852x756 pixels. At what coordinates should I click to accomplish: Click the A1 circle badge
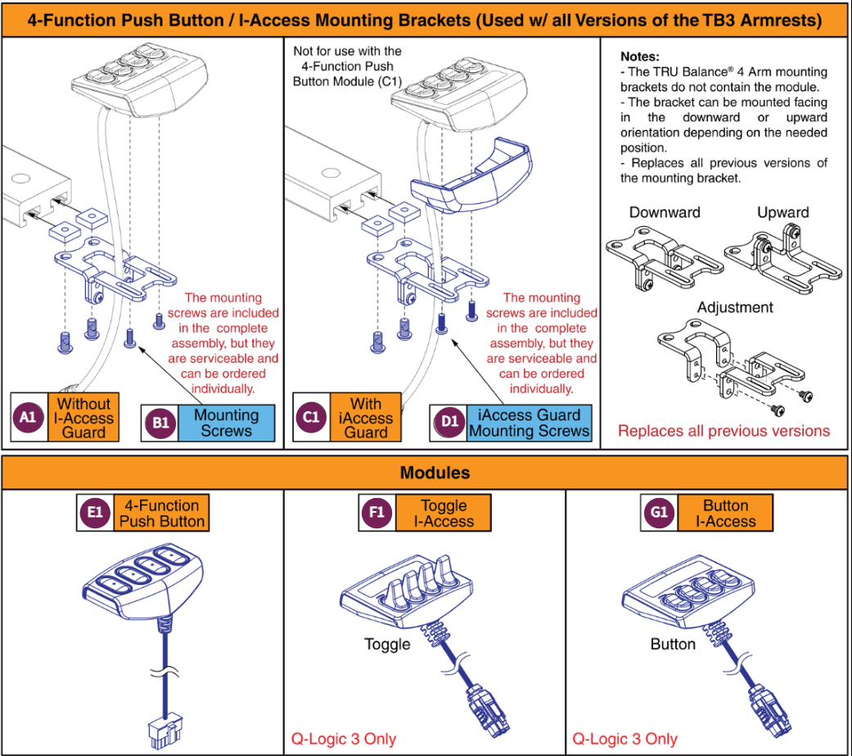coord(29,417)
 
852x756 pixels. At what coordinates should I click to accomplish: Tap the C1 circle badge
coord(312,417)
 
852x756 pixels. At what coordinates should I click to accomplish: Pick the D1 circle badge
coord(449,423)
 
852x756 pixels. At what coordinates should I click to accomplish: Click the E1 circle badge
coord(94,513)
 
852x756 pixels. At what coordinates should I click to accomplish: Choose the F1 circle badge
coord(376,513)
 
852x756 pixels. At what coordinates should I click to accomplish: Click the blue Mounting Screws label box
coord(226,423)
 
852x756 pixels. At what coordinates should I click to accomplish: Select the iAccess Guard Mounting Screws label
coord(529,423)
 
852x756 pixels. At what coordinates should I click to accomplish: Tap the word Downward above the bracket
coord(665,213)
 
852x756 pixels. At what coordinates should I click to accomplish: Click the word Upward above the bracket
coord(782,213)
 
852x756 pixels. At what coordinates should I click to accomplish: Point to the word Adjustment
coord(735,308)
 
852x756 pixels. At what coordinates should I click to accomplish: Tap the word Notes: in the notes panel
coord(639,57)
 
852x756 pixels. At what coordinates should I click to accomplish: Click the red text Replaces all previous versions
coord(723,431)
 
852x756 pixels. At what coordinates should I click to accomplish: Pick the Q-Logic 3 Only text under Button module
coord(624,739)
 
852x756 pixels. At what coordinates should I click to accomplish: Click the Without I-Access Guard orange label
coord(83,417)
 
